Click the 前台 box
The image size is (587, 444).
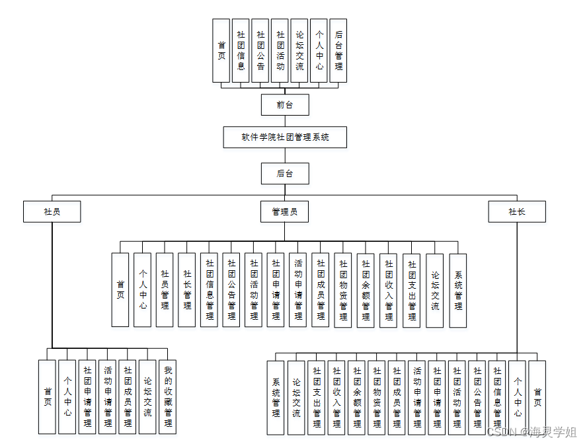click(x=285, y=105)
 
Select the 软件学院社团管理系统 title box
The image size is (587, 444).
click(x=285, y=137)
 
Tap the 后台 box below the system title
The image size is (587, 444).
click(x=285, y=174)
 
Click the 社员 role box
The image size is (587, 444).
click(x=52, y=211)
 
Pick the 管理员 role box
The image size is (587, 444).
click(x=285, y=211)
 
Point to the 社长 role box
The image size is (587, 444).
click(x=517, y=211)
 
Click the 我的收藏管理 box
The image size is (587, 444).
click(x=168, y=397)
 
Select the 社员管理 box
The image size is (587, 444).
click(x=165, y=290)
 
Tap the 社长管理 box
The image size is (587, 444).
click(x=187, y=290)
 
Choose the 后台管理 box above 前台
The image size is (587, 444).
click(x=338, y=50)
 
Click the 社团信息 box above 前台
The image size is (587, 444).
click(x=241, y=50)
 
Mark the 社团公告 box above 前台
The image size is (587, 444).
click(x=260, y=50)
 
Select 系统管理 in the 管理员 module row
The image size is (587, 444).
click(x=458, y=290)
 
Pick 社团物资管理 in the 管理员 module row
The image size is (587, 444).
click(x=342, y=290)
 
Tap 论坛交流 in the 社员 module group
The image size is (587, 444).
click(x=147, y=397)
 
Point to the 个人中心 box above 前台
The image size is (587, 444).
click(x=319, y=50)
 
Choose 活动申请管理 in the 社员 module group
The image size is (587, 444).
click(x=107, y=397)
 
